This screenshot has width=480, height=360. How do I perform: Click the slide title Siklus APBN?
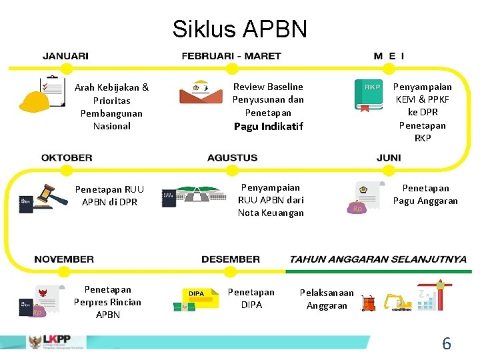click(239, 29)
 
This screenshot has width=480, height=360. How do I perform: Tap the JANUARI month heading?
click(65, 57)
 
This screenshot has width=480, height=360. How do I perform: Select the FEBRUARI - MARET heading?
click(231, 57)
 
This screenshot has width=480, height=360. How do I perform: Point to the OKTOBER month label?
click(67, 158)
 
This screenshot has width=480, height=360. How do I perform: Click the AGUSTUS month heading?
click(232, 158)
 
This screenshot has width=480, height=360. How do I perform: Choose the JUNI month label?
click(389, 158)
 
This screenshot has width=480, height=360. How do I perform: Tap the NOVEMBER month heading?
click(64, 259)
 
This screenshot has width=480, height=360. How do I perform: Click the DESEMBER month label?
click(231, 259)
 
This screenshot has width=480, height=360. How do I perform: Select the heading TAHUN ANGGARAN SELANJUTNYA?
click(378, 259)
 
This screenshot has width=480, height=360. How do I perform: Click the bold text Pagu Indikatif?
click(268, 126)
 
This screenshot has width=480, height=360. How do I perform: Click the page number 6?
click(446, 344)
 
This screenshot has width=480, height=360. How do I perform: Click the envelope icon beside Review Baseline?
click(201, 93)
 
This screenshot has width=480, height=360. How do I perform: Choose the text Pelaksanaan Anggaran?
click(327, 299)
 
